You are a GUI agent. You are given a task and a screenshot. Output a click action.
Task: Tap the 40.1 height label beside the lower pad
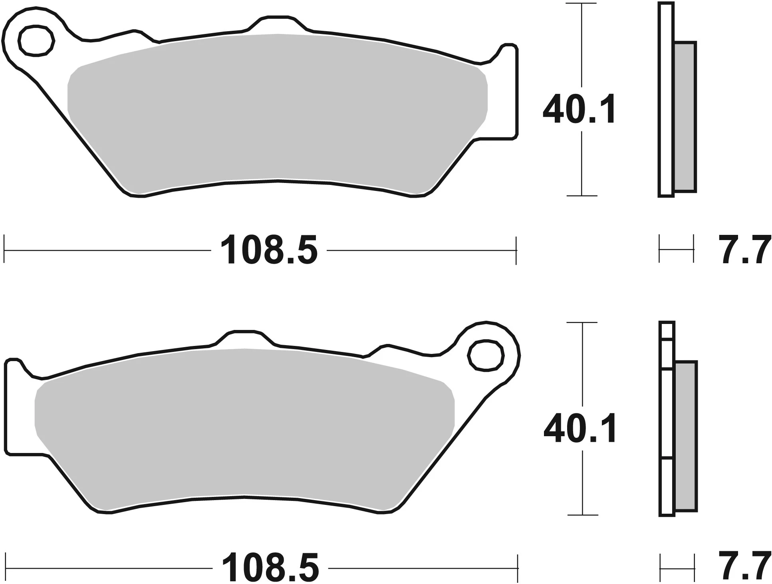pyautogui.click(x=580, y=429)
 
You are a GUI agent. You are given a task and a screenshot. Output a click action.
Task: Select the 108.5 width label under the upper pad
pyautogui.click(x=269, y=250)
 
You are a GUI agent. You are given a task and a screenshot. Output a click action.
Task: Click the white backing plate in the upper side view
pyautogui.click(x=666, y=100)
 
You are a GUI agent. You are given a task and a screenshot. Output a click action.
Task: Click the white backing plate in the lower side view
pyautogui.click(x=667, y=419)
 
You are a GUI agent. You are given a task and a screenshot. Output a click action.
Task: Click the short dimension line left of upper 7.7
pyautogui.click(x=677, y=250)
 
